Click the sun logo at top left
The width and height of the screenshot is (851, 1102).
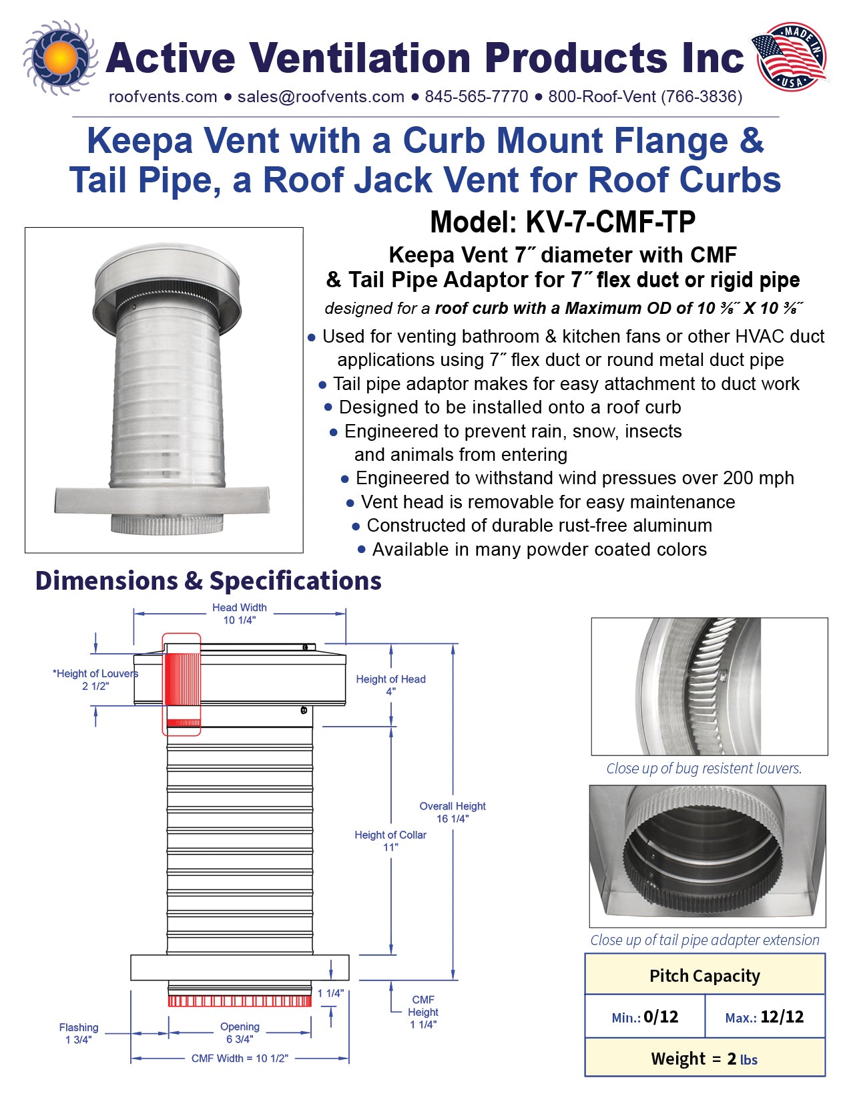point(59,58)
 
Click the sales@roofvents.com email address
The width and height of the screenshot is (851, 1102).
point(320,97)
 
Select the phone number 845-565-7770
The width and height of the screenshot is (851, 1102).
point(476,97)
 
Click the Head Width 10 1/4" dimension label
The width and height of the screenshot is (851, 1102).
point(239,614)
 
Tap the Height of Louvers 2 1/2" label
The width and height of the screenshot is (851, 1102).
point(95,680)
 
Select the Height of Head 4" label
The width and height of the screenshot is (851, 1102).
point(390,685)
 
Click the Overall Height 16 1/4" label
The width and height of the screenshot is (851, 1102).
point(453,812)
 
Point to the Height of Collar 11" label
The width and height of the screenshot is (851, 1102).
point(390,841)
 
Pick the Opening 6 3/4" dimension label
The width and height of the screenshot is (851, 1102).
point(240,1033)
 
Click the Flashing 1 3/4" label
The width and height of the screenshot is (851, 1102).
point(79,1033)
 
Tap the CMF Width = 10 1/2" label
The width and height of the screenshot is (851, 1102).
point(240,1059)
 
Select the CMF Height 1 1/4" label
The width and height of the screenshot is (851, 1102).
point(423,1012)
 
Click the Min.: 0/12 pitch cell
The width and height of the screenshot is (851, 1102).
point(645,1017)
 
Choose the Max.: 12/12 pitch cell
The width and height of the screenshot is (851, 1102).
point(764,1017)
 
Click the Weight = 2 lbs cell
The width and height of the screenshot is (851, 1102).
point(704,1059)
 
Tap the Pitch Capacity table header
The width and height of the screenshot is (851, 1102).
point(704,976)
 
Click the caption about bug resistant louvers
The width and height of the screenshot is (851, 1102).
point(703,769)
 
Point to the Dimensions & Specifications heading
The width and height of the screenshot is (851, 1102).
point(208,581)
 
